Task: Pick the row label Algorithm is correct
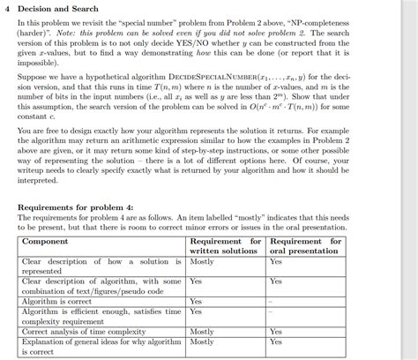point(56,301)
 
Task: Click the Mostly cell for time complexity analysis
point(202,331)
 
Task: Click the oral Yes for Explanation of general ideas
point(276,341)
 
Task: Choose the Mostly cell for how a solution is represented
point(202,261)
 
